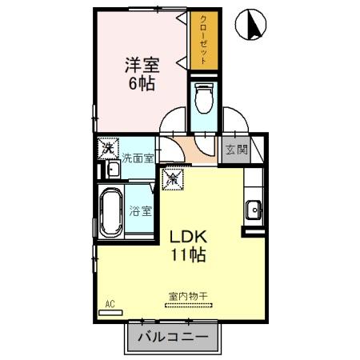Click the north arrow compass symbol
250,24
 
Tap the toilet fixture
204,98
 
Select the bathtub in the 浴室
111,212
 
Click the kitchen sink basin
254,210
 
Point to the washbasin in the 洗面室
114,170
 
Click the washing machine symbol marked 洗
108,148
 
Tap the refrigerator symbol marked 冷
173,179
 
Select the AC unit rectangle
110,313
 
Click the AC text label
110,304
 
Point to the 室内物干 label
188,296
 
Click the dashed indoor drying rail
189,306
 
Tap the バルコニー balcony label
173,338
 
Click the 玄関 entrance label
237,150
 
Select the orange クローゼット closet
204,40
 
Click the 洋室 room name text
142,65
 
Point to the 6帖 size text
142,83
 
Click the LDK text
189,237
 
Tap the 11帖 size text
188,254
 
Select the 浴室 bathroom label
141,211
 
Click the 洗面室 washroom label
138,158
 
